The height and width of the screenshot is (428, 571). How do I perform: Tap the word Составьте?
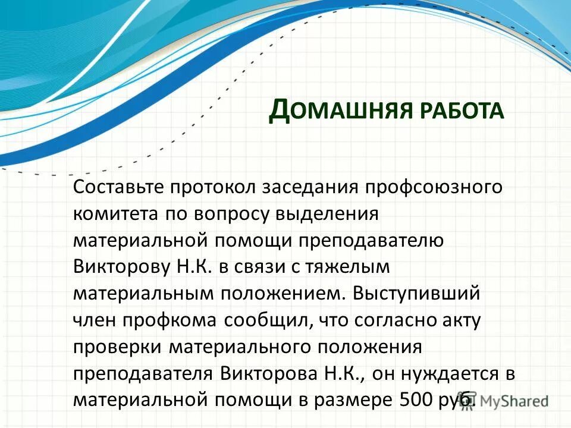point(119,187)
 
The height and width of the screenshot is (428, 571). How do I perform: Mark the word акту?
point(459,320)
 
